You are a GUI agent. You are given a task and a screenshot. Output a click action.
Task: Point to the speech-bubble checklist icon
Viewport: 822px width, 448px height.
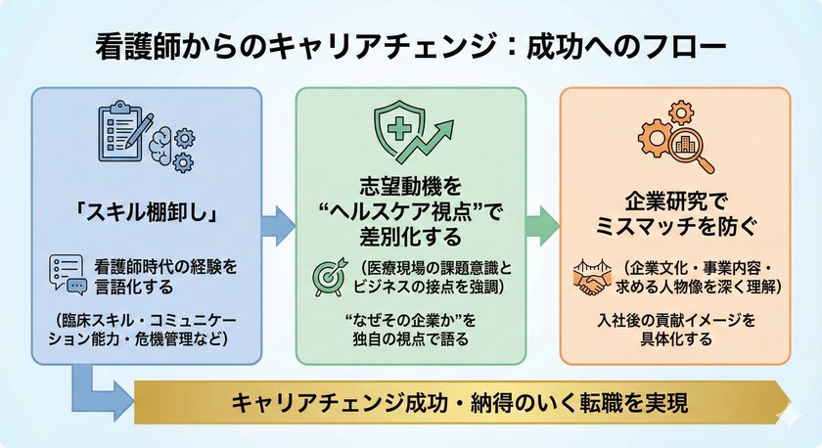[68, 274]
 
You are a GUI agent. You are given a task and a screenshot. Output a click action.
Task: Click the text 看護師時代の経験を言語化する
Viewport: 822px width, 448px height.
[167, 273]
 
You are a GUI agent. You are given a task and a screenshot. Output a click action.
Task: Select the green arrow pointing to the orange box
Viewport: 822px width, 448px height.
[541, 223]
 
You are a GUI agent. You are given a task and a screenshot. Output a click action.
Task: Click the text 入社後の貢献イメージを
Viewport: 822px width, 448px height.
[675, 320]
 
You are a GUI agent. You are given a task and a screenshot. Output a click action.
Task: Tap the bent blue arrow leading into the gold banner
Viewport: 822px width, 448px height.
[98, 391]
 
